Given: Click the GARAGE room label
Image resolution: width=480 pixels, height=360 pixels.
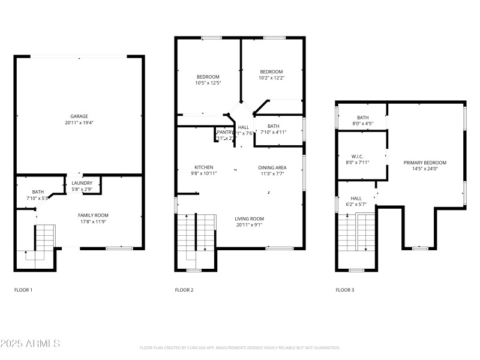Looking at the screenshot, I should [x=79, y=116].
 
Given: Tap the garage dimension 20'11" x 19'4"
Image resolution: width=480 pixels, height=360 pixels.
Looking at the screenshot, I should [x=79, y=122].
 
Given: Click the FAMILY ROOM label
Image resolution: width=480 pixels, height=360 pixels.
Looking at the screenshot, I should [x=93, y=215].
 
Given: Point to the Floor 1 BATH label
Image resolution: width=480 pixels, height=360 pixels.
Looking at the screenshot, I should [x=38, y=192].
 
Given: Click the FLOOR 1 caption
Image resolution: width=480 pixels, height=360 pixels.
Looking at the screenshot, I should [x=23, y=290].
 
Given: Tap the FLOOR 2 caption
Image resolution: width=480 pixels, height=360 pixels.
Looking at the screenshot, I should [x=184, y=290].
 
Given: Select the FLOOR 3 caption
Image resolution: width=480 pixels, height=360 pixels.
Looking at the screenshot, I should [x=344, y=290].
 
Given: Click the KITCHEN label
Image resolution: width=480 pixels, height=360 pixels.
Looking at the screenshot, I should [x=203, y=167].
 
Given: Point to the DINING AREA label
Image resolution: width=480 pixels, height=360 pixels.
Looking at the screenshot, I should [x=272, y=167].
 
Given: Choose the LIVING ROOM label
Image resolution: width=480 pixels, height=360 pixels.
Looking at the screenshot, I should [x=249, y=218].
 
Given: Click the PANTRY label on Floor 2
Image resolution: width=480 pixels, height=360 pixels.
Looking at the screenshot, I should [x=224, y=132].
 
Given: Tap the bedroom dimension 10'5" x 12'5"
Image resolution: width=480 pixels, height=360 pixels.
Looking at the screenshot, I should [x=208, y=83].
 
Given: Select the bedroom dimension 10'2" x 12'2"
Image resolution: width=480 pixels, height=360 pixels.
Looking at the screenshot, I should [x=271, y=77].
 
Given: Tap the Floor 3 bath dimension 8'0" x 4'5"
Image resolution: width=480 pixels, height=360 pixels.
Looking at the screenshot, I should [x=362, y=124].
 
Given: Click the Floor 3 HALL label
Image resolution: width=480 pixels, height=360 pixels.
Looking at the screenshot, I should [x=356, y=198].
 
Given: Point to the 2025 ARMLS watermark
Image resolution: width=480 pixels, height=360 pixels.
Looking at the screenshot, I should [x=30, y=344].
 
